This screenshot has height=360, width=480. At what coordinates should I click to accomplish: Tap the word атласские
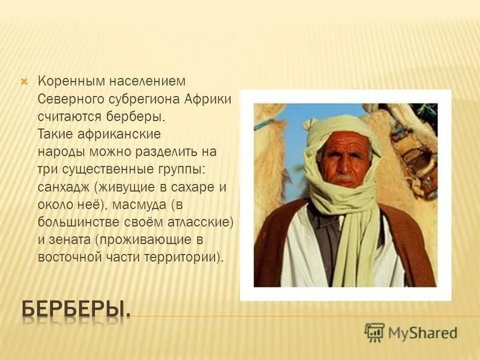[199, 223]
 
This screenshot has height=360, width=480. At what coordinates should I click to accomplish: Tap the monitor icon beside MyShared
[374, 332]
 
